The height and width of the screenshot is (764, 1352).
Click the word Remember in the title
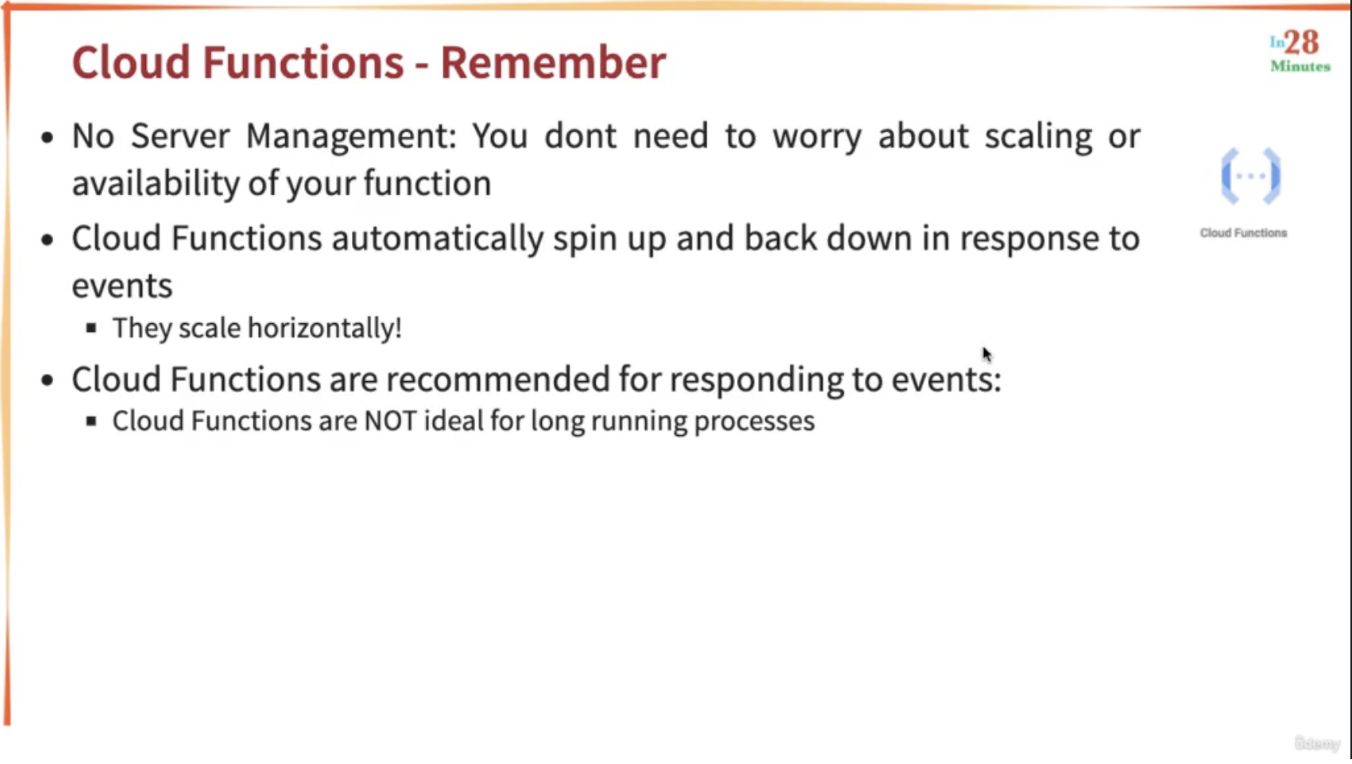[553, 62]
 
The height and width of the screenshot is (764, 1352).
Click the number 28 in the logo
[1301, 43]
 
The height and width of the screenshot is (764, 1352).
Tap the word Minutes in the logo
[1300, 66]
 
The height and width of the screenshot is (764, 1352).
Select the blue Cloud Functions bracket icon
[1250, 176]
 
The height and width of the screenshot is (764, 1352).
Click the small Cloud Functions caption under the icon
[1243, 233]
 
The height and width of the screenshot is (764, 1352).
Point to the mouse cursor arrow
[987, 354]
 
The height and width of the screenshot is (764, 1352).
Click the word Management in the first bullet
[351, 137]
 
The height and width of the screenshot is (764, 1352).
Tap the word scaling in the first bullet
[1038, 137]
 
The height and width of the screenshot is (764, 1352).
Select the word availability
[156, 183]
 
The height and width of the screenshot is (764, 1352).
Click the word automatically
[438, 239]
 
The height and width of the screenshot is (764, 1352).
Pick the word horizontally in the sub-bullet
[325, 328]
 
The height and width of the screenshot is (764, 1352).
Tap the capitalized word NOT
[391, 421]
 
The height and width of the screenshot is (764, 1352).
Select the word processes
[754, 422]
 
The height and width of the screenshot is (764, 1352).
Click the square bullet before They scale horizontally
[91, 328]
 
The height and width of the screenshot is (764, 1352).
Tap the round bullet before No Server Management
[47, 138]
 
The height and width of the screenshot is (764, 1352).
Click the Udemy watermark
[1317, 743]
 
